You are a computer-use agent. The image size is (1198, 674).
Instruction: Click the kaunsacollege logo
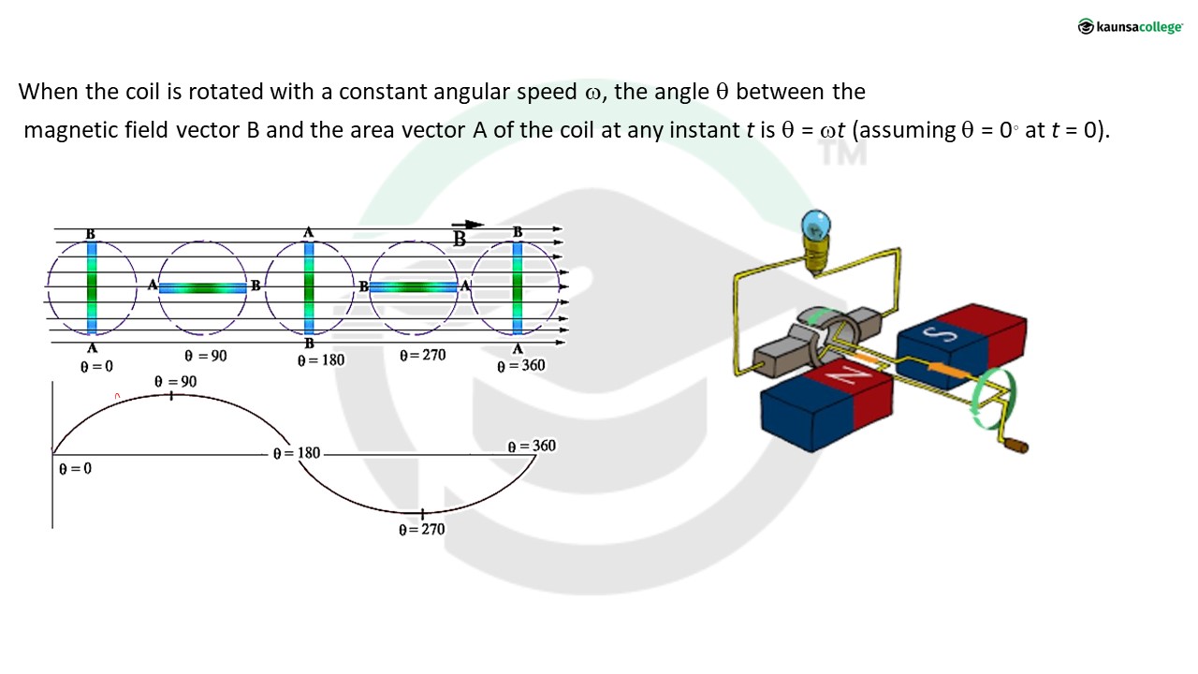(1130, 26)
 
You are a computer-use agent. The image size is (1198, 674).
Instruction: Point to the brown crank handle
(1015, 446)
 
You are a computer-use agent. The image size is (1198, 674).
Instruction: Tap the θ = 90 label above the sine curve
(176, 382)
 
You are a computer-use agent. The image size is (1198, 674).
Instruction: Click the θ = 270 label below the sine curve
(422, 530)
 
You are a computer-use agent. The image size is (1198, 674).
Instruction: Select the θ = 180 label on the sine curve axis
(297, 453)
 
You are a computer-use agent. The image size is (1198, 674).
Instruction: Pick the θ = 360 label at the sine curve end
(532, 447)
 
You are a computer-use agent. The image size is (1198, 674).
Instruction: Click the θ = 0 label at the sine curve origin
(75, 468)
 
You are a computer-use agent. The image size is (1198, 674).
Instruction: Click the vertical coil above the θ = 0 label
(92, 287)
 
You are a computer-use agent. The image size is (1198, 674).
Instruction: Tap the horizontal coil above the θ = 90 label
(202, 287)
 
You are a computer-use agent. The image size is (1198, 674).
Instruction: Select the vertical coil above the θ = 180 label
(309, 287)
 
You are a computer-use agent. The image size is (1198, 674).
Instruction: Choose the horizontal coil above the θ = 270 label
(413, 287)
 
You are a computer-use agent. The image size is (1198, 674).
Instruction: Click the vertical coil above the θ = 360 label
(518, 287)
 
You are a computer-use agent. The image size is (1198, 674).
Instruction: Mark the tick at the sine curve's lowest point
(422, 514)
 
